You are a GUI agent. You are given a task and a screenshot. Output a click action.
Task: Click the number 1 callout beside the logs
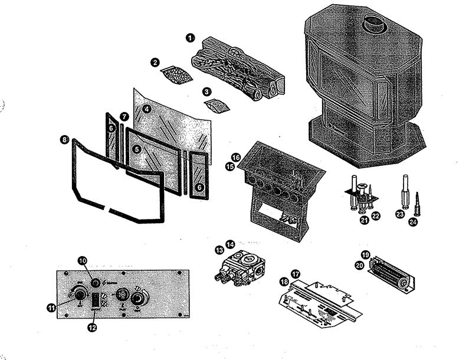tap(190, 38)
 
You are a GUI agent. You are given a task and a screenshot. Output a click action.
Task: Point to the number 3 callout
tap(206, 92)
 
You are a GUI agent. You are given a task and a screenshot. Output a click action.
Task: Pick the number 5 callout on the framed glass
tap(137, 150)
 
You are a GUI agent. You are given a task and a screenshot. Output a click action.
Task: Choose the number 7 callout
tap(124, 117)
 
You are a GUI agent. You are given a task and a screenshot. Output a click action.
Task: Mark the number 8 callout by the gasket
tap(64, 140)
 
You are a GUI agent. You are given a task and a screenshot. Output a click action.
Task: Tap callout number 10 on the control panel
tap(83, 260)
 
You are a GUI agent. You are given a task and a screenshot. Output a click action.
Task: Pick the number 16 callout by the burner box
tap(235, 158)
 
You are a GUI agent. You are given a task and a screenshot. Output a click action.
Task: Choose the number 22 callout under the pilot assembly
tap(376, 217)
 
